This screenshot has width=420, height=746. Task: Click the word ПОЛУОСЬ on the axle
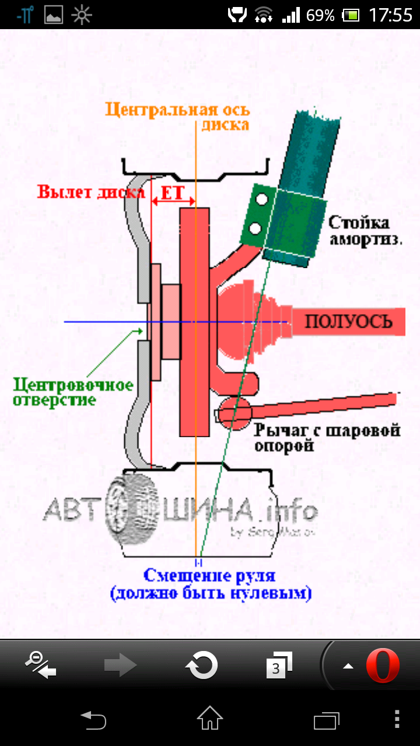tap(347, 322)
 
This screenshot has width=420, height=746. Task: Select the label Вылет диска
tap(91, 192)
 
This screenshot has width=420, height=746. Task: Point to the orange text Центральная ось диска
tap(178, 117)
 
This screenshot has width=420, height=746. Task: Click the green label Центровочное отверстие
tap(73, 392)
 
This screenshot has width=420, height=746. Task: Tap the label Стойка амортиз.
tap(367, 230)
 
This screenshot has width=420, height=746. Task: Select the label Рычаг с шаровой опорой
tap(327, 438)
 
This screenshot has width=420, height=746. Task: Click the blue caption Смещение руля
tap(209, 576)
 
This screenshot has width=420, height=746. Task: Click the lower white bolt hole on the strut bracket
tap(255, 228)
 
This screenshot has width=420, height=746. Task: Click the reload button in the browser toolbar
tap(201, 665)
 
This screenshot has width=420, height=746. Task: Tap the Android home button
tap(209, 719)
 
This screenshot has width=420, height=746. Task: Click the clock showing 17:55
tap(390, 15)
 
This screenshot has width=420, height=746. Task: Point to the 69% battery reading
tap(320, 15)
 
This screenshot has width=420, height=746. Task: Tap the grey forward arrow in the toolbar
tap(120, 665)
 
